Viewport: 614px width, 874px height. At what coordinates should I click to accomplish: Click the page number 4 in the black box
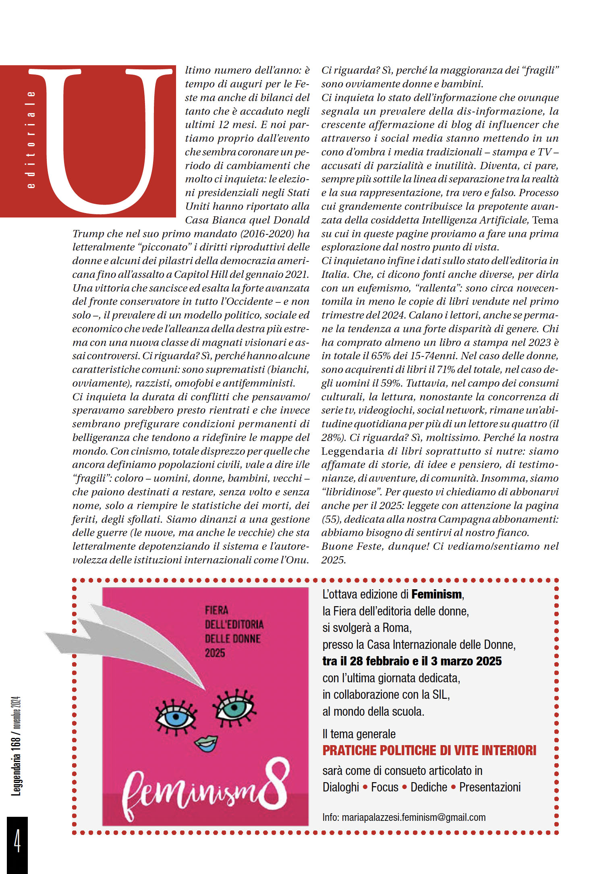click(17, 841)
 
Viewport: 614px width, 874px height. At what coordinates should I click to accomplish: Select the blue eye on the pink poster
click(176, 717)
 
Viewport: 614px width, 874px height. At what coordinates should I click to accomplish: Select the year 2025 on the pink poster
click(215, 653)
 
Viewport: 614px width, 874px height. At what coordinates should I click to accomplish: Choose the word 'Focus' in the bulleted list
click(384, 787)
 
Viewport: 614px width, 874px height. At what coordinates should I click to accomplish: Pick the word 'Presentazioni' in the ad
click(490, 787)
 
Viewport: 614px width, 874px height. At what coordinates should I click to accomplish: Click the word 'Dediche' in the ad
click(429, 787)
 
